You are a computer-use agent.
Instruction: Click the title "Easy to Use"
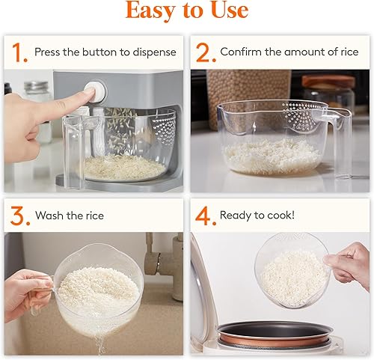[186, 11]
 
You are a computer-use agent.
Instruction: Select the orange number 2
[203, 52]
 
